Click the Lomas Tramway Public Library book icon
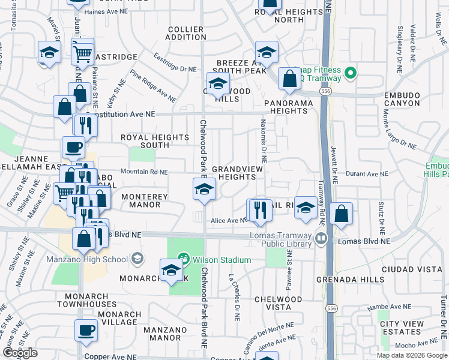click(321, 239)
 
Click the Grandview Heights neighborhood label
click(237, 173)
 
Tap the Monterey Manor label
click(142, 200)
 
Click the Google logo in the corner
click(19, 353)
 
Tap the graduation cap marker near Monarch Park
click(172, 271)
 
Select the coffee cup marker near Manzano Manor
click(85, 330)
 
